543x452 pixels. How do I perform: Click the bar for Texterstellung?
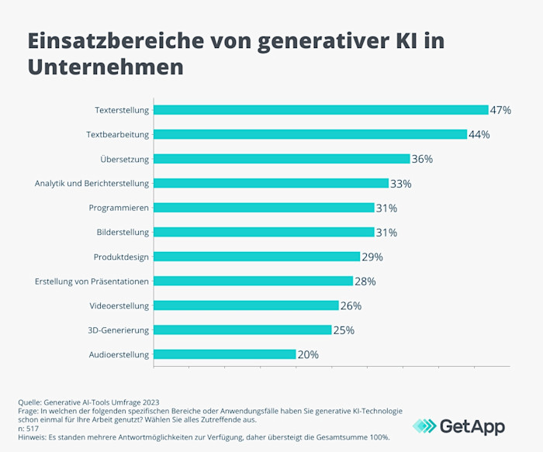[320, 110]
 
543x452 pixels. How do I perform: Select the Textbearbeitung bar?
[310, 134]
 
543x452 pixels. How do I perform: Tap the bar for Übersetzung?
[282, 159]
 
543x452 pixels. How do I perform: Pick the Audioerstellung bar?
[224, 354]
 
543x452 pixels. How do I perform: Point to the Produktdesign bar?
[257, 257]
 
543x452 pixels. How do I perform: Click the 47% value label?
[500, 110]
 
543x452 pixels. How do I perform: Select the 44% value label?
[479, 134]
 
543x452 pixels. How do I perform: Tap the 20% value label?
[308, 354]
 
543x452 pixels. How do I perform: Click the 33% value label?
[400, 184]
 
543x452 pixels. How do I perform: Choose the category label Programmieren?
[119, 208]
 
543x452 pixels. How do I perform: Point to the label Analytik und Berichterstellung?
[92, 184]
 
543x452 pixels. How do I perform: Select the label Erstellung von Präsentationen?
[92, 281]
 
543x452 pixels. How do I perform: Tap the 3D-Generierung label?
[119, 330]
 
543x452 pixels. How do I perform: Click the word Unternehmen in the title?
[105, 67]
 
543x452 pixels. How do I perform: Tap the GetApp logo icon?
[424, 426]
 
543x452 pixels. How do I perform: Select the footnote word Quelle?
[30, 402]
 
